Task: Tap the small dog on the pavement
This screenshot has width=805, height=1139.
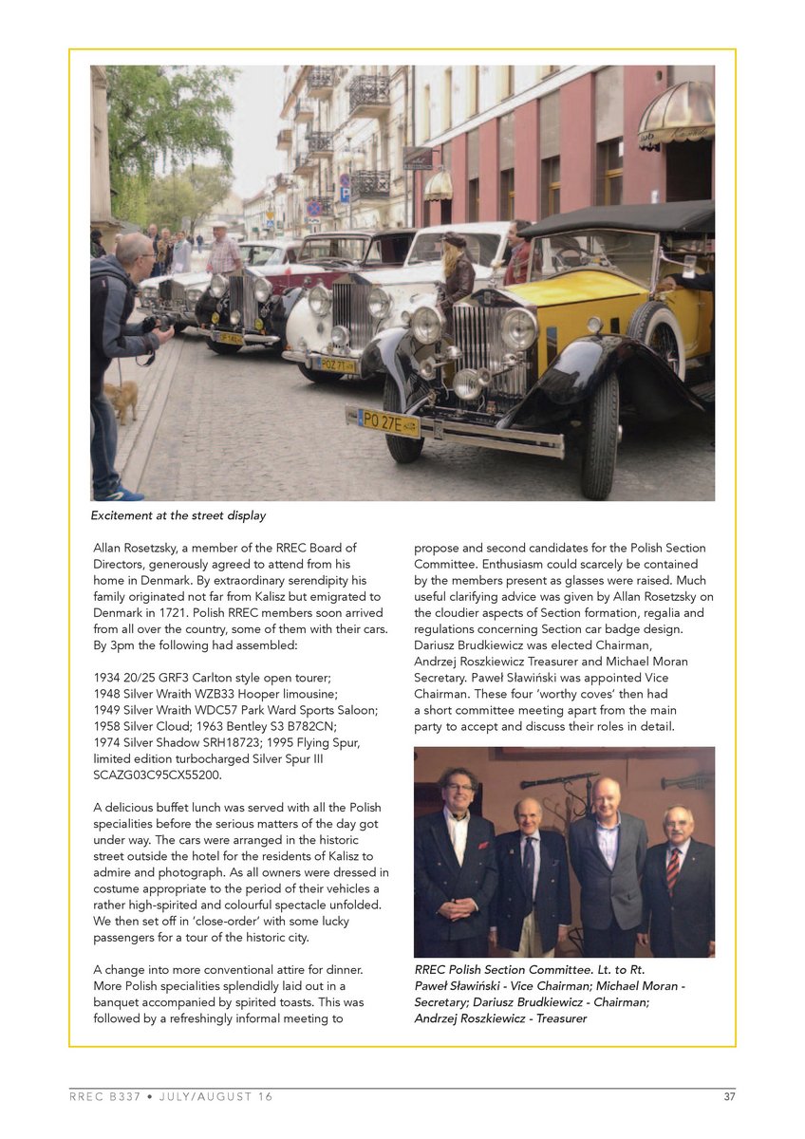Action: pyautogui.click(x=122, y=399)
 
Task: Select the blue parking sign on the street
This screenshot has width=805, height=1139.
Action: pyautogui.click(x=345, y=194)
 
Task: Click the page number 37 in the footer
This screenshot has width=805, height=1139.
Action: pyautogui.click(x=729, y=1096)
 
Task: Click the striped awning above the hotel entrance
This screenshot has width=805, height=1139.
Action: pyautogui.click(x=675, y=112)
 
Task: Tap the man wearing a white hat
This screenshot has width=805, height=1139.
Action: pyautogui.click(x=223, y=249)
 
